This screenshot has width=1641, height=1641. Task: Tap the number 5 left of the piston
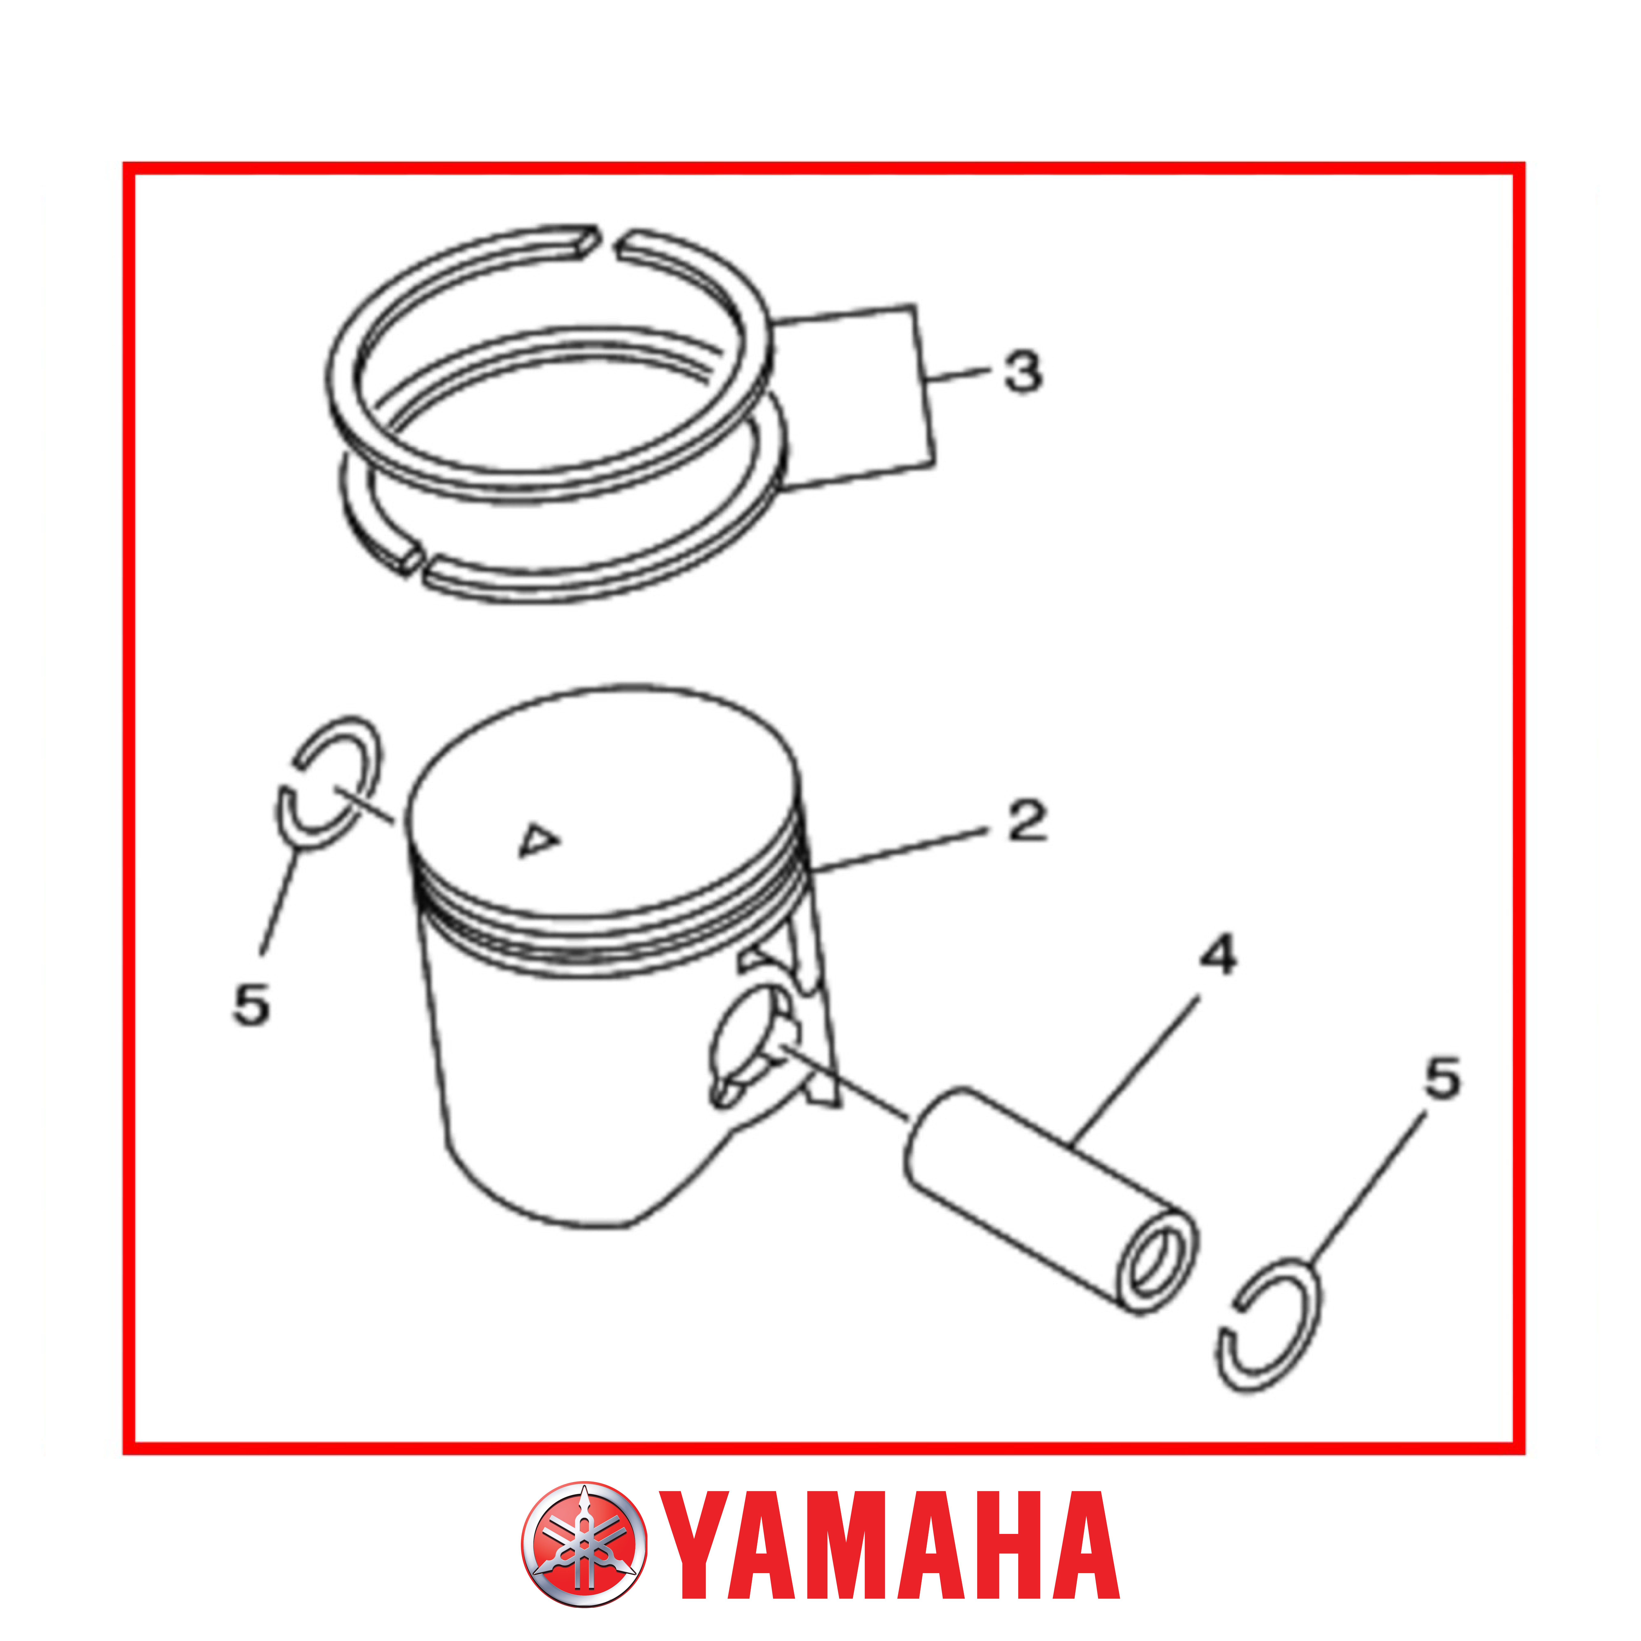coord(251,1005)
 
